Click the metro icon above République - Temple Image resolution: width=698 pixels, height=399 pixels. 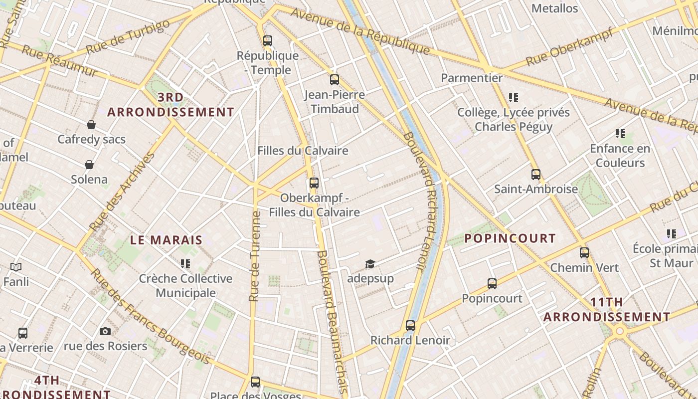tap(268, 41)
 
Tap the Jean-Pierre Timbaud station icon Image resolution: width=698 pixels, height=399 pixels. tap(334, 79)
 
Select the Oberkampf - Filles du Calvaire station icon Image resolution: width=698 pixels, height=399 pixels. tap(314, 183)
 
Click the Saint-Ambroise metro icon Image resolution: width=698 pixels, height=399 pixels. tap(536, 175)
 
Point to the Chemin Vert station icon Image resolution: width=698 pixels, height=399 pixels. tap(584, 253)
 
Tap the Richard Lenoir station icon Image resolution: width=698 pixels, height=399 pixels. tap(410, 326)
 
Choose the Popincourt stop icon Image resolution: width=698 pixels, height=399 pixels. tap(492, 284)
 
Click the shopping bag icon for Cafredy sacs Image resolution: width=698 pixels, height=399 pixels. tap(91, 124)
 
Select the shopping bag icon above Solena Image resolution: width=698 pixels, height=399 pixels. tap(89, 165)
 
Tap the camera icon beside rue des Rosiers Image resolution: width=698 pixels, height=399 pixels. tap(105, 331)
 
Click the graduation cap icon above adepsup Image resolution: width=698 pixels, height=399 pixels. tap(370, 264)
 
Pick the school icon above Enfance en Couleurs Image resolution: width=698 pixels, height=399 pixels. tap(620, 134)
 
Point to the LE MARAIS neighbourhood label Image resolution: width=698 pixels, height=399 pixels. tap(166, 240)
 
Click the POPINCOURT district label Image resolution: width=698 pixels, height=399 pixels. tap(510, 238)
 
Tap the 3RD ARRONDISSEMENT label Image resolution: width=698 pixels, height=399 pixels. tap(171, 105)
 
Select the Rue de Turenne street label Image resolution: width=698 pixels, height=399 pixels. tap(255, 257)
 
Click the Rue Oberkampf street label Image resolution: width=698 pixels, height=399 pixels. tap(569, 46)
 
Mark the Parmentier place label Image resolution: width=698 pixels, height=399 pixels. tap(472, 78)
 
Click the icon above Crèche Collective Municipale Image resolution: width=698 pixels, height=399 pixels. tap(185, 263)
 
